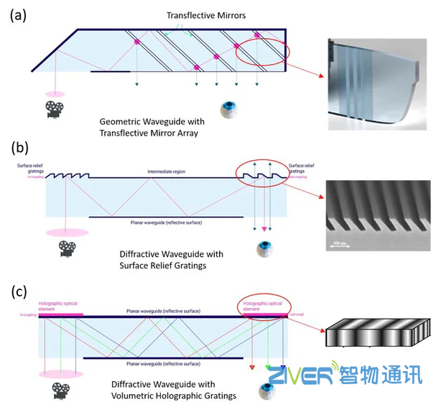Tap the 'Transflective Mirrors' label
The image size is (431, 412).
(x=194, y=16)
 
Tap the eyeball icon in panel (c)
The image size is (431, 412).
(x=266, y=391)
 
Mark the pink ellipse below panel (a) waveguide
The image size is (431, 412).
(x=53, y=94)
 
